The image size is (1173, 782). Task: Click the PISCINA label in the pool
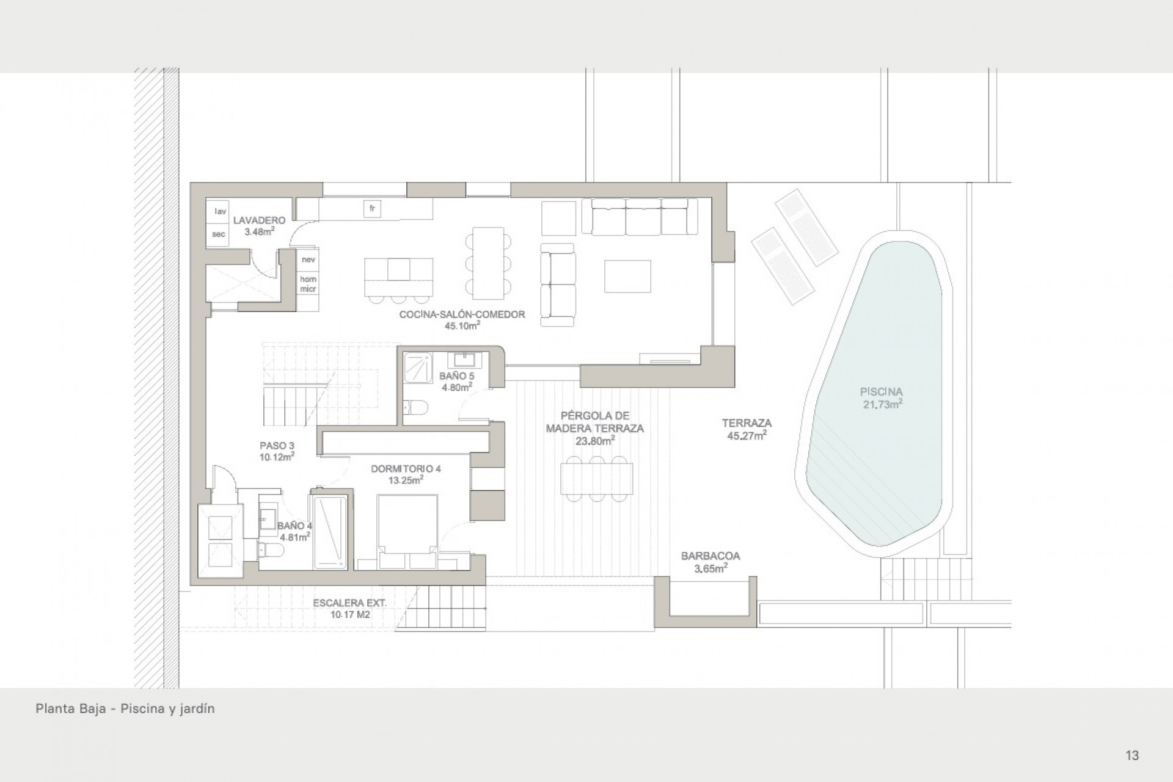coord(881,392)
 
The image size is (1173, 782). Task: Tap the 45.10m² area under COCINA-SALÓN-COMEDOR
coord(462,326)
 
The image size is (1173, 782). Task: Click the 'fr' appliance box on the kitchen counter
coord(372,209)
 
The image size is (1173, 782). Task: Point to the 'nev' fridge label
coord(308,260)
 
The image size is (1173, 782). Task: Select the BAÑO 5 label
coord(456,376)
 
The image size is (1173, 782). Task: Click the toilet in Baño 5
coord(416,406)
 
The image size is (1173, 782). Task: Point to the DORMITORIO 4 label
coord(406,469)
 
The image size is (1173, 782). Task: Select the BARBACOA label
coord(711,556)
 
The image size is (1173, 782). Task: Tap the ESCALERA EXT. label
coord(349,603)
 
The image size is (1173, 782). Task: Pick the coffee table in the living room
coord(627,276)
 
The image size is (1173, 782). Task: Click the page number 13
coord(1132,755)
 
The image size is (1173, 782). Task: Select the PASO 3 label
coord(277,446)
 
